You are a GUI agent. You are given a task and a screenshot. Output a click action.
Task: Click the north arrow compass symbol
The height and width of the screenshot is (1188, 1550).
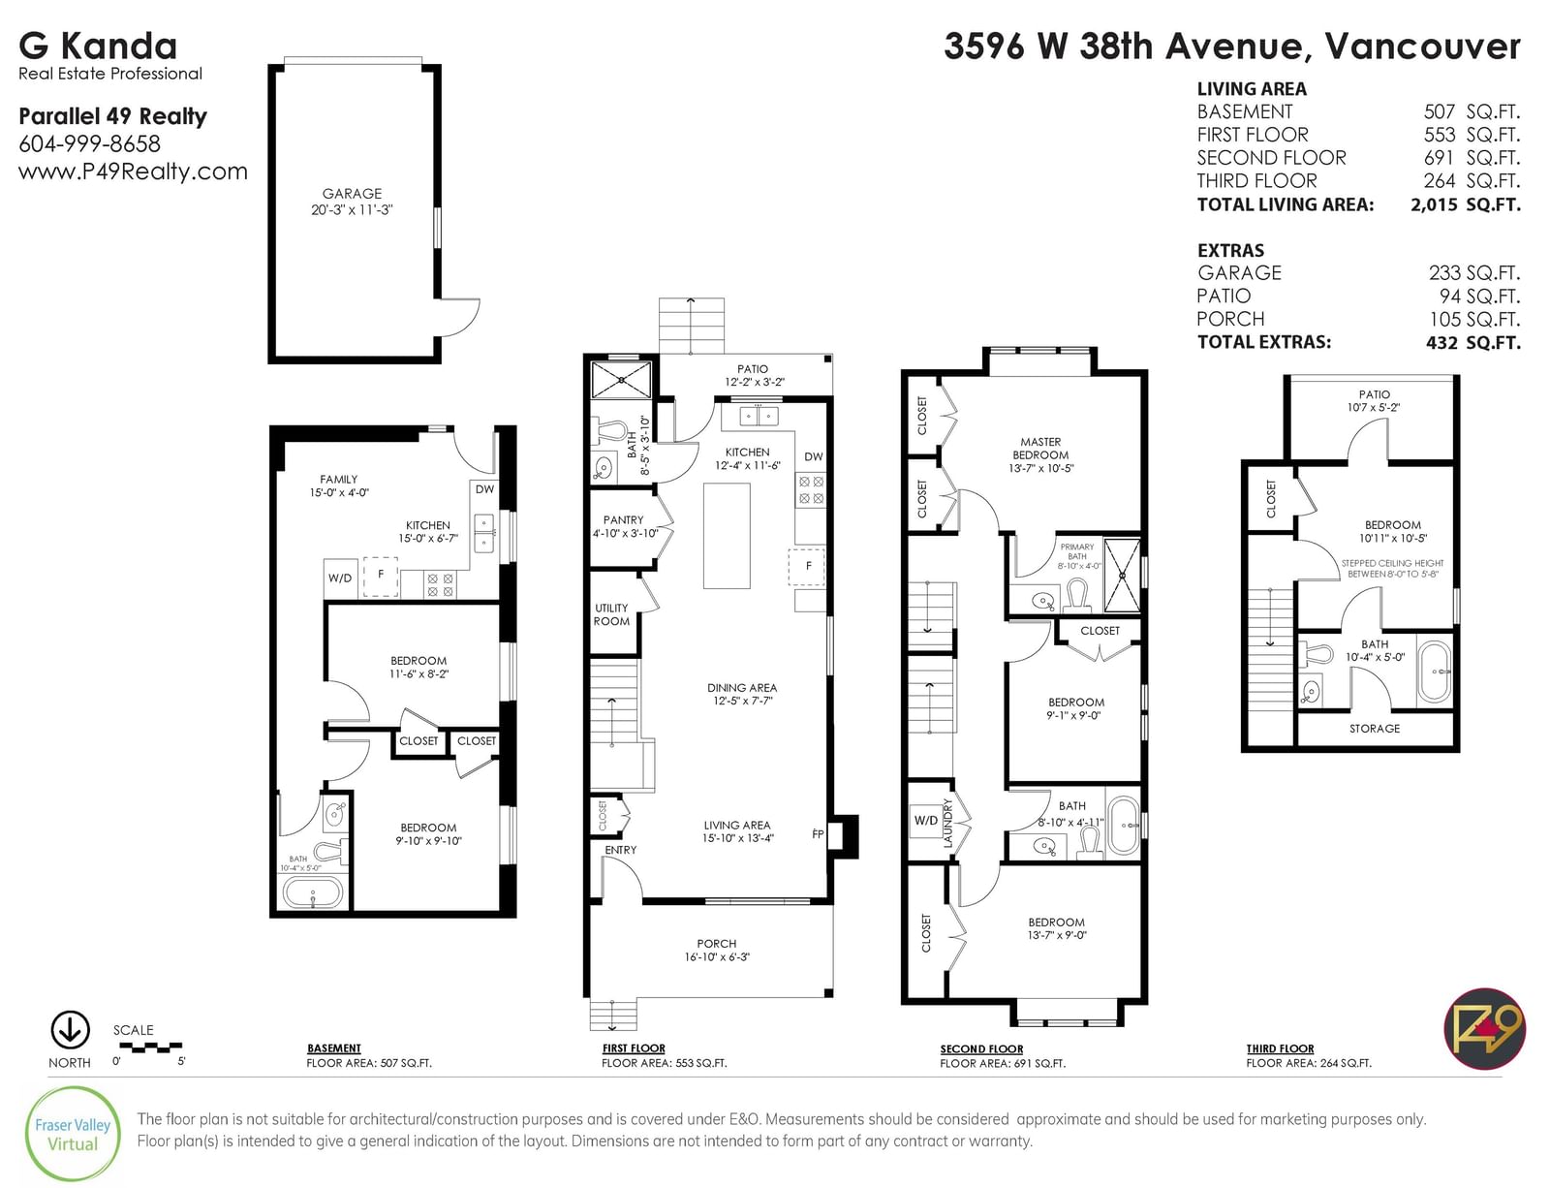click(70, 1031)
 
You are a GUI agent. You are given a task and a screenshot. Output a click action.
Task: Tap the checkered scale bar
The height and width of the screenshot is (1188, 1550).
click(150, 1047)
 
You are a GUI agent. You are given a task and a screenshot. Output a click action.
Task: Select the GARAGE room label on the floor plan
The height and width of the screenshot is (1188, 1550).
click(352, 194)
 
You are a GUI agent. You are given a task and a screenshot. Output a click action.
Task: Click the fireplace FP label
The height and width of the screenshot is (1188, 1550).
click(818, 833)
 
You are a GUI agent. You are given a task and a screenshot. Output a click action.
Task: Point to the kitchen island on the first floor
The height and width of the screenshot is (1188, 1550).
click(727, 536)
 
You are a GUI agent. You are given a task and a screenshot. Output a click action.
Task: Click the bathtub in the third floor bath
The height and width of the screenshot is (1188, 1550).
click(1435, 672)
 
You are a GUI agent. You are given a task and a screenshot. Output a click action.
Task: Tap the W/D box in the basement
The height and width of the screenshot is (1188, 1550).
click(340, 578)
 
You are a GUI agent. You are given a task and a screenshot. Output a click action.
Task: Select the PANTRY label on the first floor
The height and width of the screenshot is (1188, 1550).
click(623, 520)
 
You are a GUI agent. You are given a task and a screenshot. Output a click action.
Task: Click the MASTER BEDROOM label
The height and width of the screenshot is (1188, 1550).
click(1040, 448)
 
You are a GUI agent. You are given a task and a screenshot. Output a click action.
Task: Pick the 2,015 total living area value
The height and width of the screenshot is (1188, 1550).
click(1434, 204)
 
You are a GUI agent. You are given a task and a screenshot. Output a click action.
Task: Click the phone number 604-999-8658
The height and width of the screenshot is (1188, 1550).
click(89, 144)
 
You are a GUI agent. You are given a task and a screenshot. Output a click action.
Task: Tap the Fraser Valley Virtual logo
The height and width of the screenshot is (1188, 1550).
click(72, 1135)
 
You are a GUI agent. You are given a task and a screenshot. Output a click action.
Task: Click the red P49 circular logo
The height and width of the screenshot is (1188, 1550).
click(1484, 1029)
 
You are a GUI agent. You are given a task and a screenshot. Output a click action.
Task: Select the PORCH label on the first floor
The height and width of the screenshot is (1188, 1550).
click(716, 943)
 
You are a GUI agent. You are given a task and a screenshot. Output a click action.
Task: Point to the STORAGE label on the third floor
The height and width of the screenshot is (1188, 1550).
click(1374, 729)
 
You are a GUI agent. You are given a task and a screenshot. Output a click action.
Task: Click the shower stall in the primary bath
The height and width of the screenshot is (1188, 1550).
click(1121, 575)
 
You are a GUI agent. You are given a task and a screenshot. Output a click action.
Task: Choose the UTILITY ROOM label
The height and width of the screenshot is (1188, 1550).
click(611, 614)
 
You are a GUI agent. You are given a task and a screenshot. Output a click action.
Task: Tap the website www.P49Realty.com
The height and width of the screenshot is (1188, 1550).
click(133, 172)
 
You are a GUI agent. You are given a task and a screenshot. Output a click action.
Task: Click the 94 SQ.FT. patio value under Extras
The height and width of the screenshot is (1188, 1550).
click(1479, 297)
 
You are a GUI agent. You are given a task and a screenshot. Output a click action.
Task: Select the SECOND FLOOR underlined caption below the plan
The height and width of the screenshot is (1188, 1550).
click(980, 1048)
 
